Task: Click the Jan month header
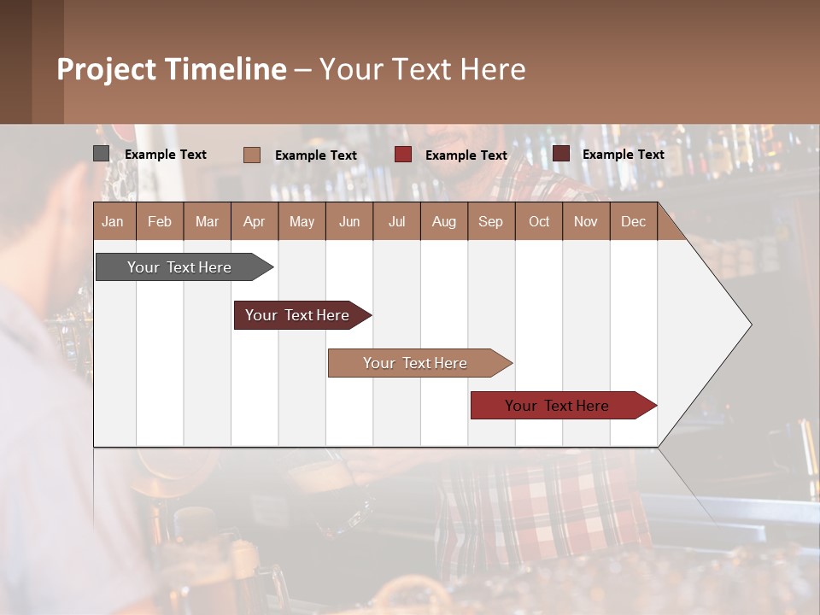[x=114, y=221]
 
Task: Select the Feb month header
[x=160, y=221]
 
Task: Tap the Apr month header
[x=255, y=221]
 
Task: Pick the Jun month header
[x=349, y=221]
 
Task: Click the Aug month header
[x=444, y=221]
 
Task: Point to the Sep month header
[x=491, y=221]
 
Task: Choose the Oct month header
[x=539, y=221]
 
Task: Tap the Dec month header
[x=634, y=221]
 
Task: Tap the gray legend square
[x=102, y=154]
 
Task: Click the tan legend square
[x=252, y=155]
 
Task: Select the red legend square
[x=403, y=155]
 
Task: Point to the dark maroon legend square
[x=561, y=154]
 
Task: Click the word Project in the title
[x=106, y=69]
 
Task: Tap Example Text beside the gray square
[x=166, y=155]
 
